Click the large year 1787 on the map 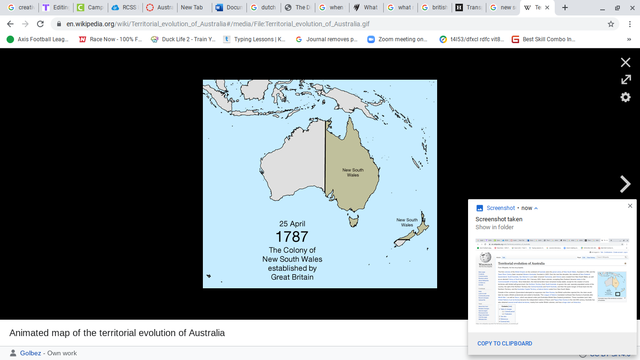click(291, 236)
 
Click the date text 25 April click(291, 222)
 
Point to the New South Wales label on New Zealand click(407, 222)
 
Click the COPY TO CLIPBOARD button click(503, 343)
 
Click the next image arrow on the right click(625, 184)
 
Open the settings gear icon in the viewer click(625, 97)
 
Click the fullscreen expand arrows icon click(625, 79)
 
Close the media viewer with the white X click(625, 62)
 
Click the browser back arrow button click(10, 23)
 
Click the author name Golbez click(31, 353)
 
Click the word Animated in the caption click(31, 332)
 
